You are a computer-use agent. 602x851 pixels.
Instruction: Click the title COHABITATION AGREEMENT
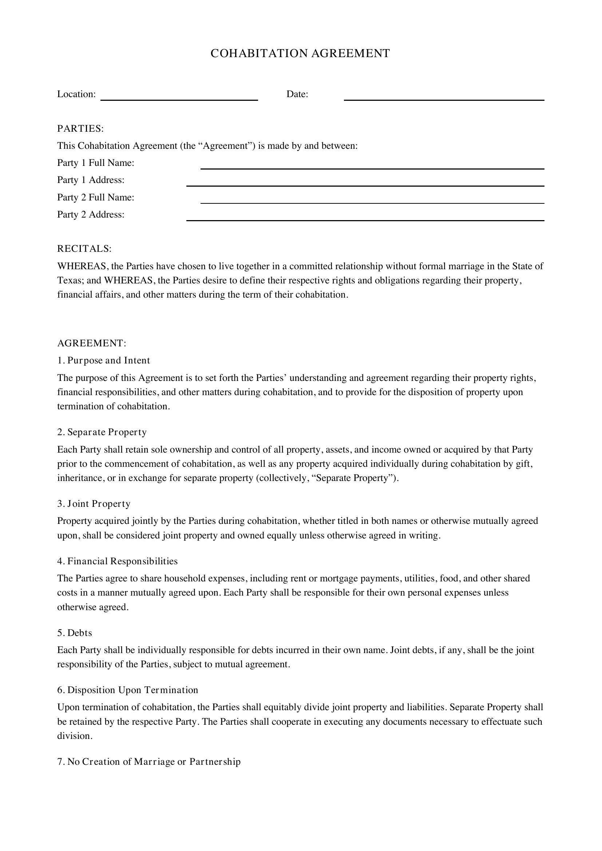coord(300,53)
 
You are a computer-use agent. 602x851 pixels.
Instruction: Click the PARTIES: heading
coord(80,128)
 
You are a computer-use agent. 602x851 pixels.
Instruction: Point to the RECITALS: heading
coord(84,249)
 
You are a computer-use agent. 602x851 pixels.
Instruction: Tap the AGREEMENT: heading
coord(92,343)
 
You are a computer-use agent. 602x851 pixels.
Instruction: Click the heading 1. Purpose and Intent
coord(103,361)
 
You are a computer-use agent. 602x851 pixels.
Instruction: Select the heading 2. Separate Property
coord(102,432)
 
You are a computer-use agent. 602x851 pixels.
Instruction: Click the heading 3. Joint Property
coord(94,504)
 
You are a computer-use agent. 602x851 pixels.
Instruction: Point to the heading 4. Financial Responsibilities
coord(117,561)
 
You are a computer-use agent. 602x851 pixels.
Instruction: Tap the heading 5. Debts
coord(75,633)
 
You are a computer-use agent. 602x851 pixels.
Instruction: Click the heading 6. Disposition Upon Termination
coord(127,690)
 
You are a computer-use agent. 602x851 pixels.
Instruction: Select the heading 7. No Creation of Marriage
coord(148,761)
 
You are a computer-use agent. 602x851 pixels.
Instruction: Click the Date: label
coord(297,94)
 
